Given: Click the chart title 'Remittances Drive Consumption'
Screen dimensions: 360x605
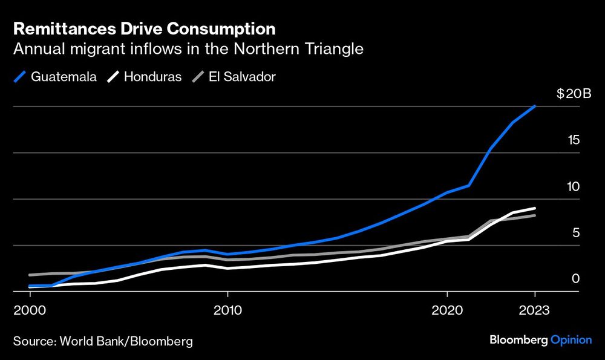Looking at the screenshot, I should click(x=144, y=28).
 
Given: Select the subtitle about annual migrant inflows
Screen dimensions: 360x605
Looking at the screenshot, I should click(x=188, y=49).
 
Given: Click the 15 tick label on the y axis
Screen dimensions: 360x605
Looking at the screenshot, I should click(x=573, y=140).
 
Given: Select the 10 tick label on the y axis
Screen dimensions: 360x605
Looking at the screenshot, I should click(x=573, y=187).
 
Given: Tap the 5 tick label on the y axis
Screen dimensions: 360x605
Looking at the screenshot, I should click(x=576, y=233).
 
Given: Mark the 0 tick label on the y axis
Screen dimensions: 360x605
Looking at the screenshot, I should click(x=576, y=279).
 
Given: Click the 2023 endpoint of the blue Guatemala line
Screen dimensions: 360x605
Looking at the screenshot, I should click(x=535, y=106).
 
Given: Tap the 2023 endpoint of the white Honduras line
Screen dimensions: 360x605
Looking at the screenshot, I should click(x=535, y=208).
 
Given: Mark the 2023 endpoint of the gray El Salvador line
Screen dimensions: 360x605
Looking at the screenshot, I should click(x=535, y=215).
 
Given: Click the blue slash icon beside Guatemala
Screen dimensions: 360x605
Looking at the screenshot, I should click(x=20, y=77).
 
